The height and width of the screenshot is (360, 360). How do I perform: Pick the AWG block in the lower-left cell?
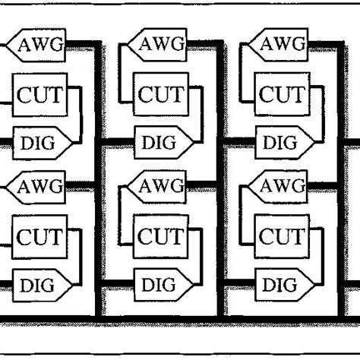(41, 185)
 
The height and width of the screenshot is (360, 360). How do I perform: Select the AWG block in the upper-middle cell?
(159, 44)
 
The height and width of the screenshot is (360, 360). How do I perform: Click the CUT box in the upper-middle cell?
(159, 96)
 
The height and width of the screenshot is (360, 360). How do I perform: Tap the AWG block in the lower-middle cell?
(159, 185)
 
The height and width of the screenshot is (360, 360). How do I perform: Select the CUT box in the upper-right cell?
(279, 96)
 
